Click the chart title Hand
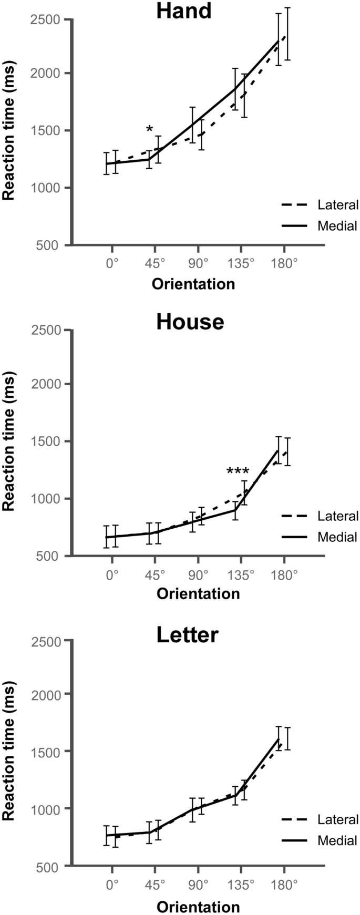[x=183, y=11]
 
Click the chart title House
[x=190, y=322]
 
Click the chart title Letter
[x=187, y=635]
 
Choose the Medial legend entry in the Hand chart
[x=337, y=227]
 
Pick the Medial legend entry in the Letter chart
[x=337, y=840]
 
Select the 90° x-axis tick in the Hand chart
[x=198, y=263]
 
